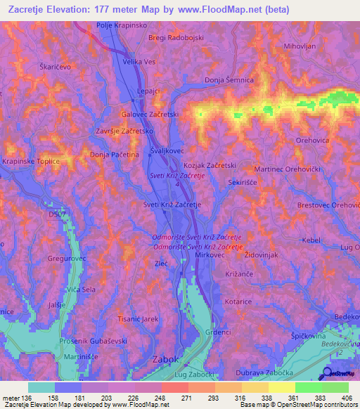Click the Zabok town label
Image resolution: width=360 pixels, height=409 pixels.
click(167, 359)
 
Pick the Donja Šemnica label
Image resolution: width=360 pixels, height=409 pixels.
click(229, 80)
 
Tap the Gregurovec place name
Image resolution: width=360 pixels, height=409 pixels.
click(47, 259)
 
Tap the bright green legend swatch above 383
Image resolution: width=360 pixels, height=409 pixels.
click(309, 387)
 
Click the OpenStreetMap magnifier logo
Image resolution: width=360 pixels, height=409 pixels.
click(328, 373)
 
